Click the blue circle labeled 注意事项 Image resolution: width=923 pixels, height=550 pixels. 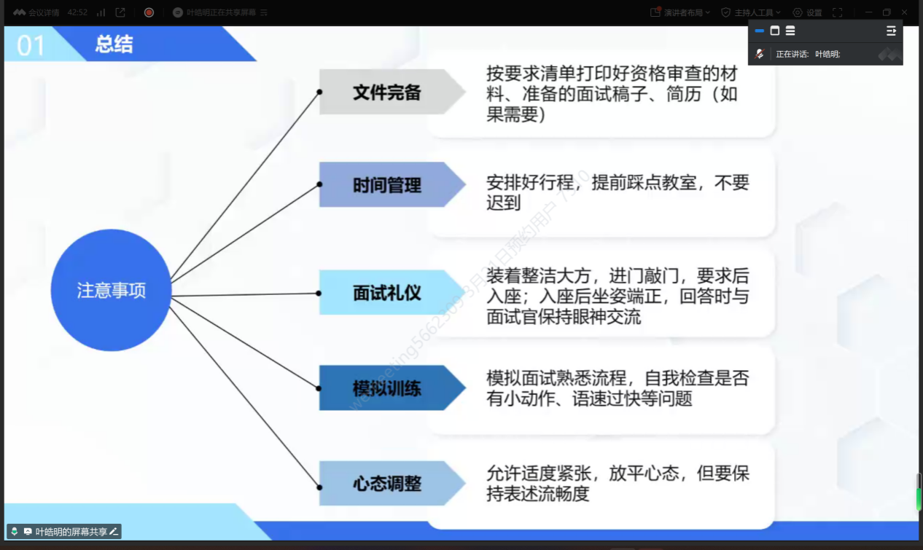[x=111, y=290]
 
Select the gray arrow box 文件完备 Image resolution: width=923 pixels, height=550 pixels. [x=387, y=93]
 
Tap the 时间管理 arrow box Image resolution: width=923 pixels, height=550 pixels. [x=387, y=185]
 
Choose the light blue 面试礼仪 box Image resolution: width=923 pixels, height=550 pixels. [x=387, y=293]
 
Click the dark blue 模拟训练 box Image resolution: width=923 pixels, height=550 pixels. [x=387, y=388]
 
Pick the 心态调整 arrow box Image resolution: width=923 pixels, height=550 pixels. [x=387, y=483]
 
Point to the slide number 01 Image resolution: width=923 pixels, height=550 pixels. [x=31, y=45]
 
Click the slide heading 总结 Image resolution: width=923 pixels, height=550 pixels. [x=114, y=44]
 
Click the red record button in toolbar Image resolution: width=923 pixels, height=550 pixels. [x=149, y=12]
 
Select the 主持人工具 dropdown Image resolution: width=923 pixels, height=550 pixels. [x=752, y=12]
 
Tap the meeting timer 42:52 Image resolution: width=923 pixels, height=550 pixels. [x=77, y=12]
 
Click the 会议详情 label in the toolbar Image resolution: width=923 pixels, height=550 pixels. [x=43, y=12]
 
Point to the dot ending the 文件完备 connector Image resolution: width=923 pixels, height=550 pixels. [x=319, y=93]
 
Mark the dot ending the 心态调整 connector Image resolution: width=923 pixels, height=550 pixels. [x=319, y=487]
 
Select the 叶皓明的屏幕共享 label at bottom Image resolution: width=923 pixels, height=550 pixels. [x=71, y=532]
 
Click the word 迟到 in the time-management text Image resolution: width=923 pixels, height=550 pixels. [x=503, y=203]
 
